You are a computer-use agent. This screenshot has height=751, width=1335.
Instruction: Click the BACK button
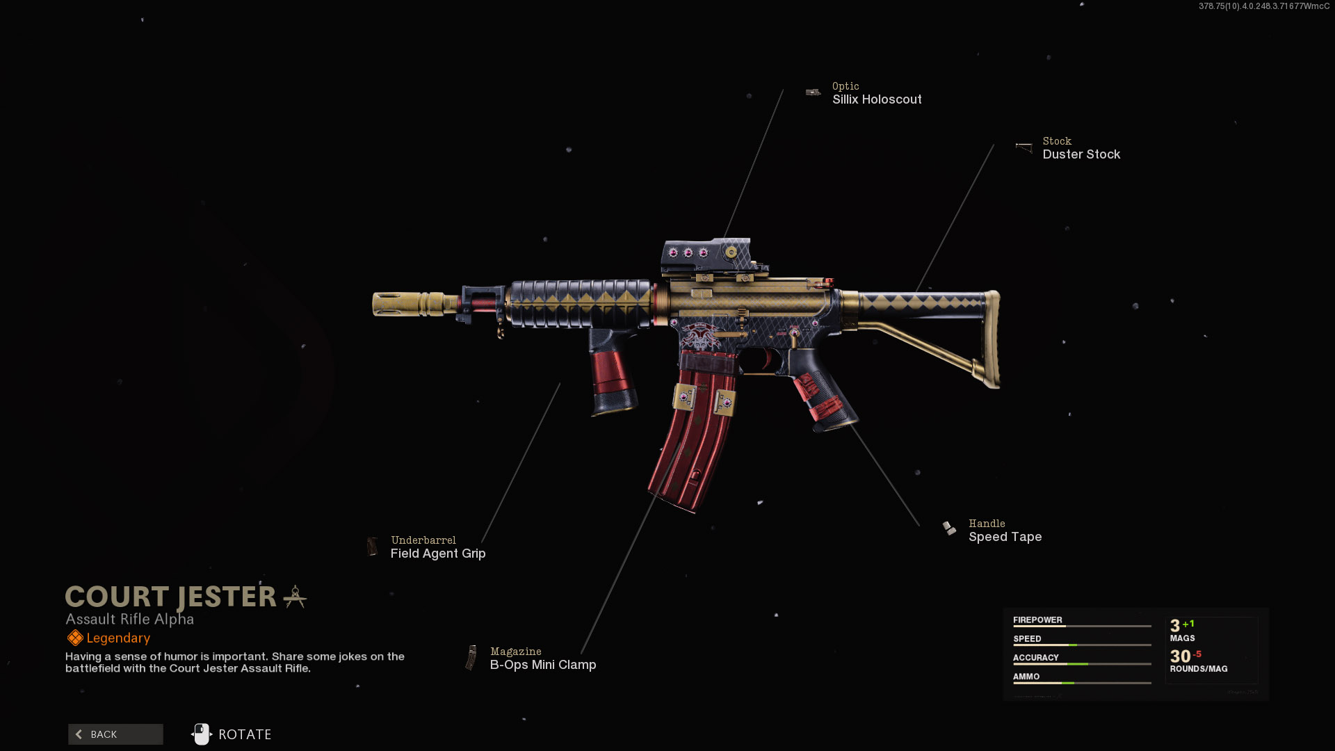pyautogui.click(x=115, y=734)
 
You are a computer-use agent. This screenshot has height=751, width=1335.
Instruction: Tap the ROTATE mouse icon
pyautogui.click(x=202, y=734)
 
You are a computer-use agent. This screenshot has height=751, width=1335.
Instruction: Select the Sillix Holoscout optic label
pyautogui.click(x=877, y=99)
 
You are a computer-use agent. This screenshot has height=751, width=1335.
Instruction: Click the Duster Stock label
pyautogui.click(x=1081, y=154)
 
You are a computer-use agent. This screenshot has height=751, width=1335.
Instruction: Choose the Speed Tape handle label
pyautogui.click(x=1005, y=537)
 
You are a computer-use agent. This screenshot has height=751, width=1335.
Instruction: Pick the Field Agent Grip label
pyautogui.click(x=438, y=554)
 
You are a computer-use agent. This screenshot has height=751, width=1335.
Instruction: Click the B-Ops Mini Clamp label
pyautogui.click(x=543, y=665)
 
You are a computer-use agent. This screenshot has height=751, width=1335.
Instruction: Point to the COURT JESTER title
pyautogui.click(x=171, y=597)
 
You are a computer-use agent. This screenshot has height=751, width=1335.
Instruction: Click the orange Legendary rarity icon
pyautogui.click(x=75, y=638)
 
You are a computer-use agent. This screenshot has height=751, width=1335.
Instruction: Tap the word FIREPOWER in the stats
pyautogui.click(x=1037, y=620)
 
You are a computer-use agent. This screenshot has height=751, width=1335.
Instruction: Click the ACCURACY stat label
pyautogui.click(x=1035, y=658)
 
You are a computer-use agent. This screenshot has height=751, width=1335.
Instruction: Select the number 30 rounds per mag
pyautogui.click(x=1180, y=656)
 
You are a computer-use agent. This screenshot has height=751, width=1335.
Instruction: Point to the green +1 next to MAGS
pyautogui.click(x=1188, y=624)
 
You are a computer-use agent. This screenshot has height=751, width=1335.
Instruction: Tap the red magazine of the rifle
pyautogui.click(x=693, y=445)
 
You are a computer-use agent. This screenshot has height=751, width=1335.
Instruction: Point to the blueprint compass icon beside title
pyautogui.click(x=296, y=597)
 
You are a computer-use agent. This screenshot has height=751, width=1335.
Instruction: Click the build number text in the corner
pyautogui.click(x=1263, y=6)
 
